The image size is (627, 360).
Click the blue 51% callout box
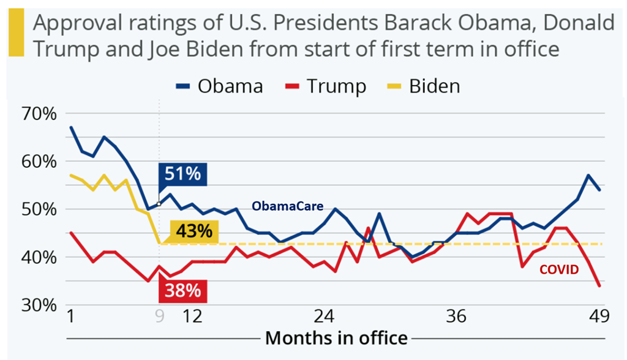[183, 174]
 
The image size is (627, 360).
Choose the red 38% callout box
[183, 290]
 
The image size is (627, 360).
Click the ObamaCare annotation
[288, 206]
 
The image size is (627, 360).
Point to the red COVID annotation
[558, 269]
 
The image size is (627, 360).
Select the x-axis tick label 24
[325, 317]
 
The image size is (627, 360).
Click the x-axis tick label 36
[457, 317]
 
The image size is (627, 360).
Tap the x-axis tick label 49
[598, 317]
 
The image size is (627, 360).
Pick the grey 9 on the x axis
[159, 317]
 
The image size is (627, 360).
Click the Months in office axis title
[336, 337]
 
